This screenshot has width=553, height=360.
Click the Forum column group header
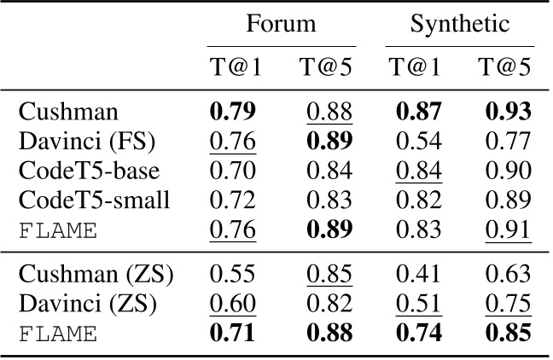click(x=281, y=24)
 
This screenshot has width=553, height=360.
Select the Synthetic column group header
click(x=459, y=24)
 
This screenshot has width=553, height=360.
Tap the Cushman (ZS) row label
click(x=94, y=276)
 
